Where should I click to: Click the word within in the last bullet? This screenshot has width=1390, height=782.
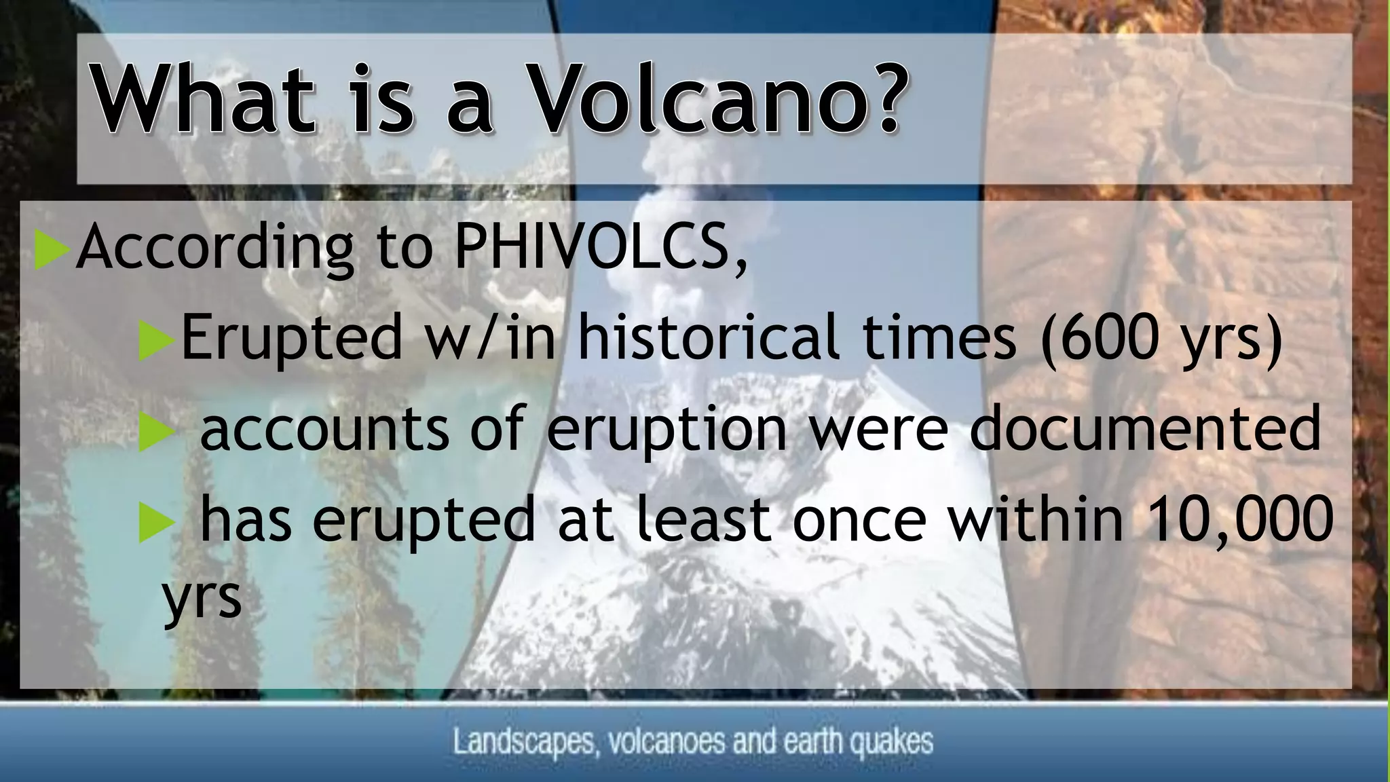click(1035, 520)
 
